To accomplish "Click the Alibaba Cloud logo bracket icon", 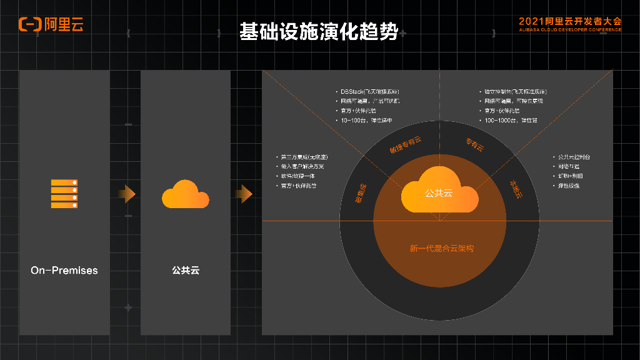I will coord(29,24).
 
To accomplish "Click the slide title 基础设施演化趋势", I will coord(319,32).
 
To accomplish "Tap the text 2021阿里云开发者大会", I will coord(570,21).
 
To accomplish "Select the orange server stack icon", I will coord(64,194).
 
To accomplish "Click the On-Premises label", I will coord(64,271).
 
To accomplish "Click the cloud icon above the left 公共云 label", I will coord(185,194).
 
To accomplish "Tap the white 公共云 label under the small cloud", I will coord(185,271).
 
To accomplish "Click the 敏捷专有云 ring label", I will coord(406,145).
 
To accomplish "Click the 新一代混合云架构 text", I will coord(441,248).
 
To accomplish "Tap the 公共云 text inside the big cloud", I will coord(439,194).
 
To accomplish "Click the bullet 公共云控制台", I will coord(572,157).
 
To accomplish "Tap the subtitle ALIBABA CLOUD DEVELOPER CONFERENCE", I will coord(570,29).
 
